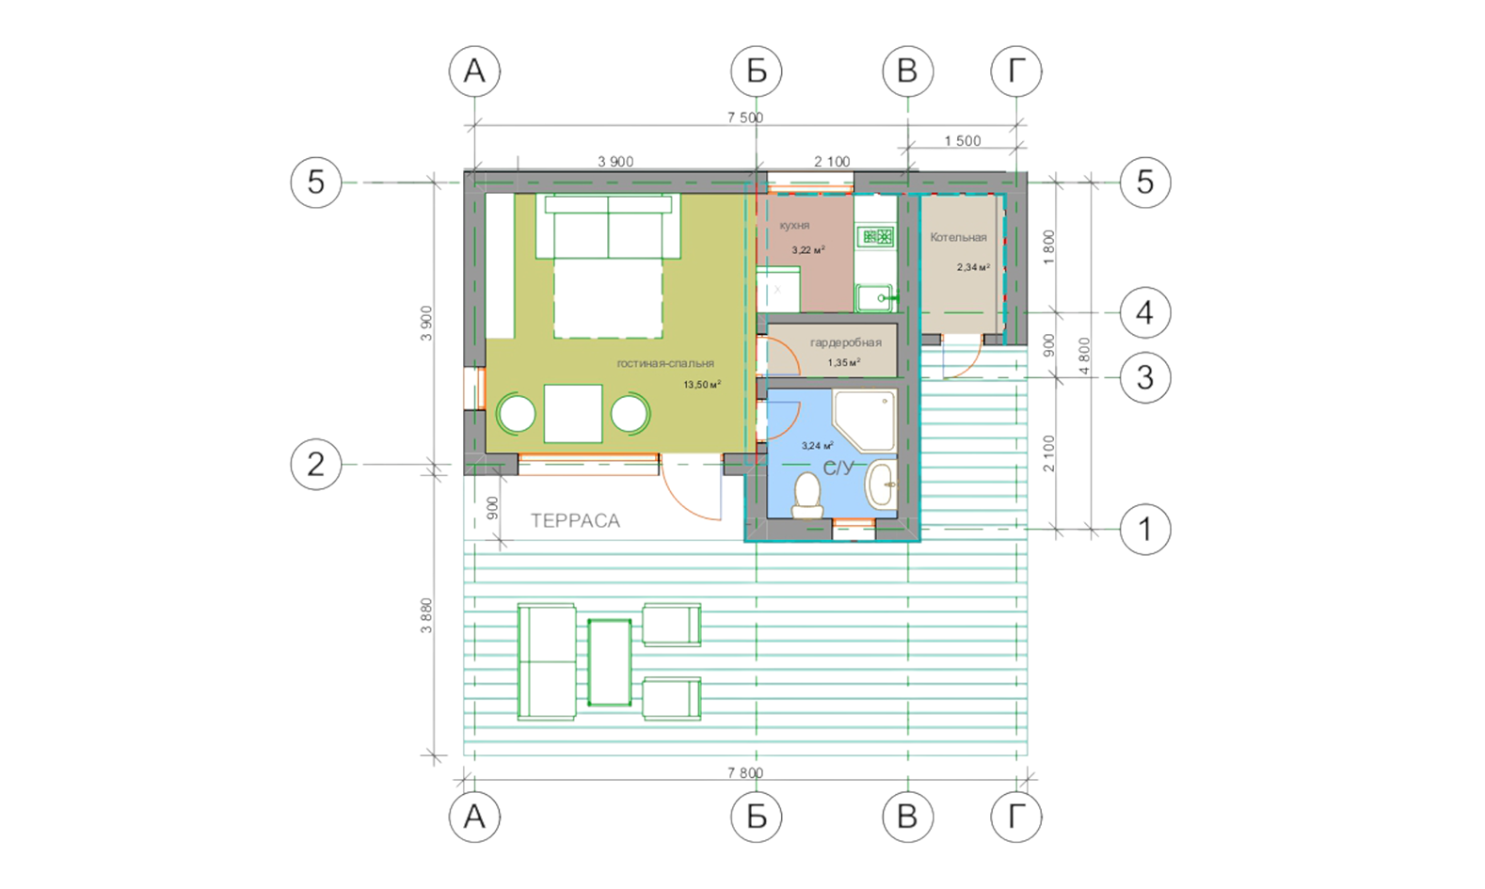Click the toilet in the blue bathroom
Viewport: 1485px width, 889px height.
click(807, 496)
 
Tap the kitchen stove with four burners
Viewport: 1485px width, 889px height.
click(876, 236)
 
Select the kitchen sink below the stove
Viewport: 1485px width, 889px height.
click(876, 297)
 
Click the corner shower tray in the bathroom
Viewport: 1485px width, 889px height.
click(865, 421)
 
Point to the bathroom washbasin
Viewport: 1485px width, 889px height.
click(882, 484)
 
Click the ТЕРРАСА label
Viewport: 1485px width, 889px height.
click(575, 521)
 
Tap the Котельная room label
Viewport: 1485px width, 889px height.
click(958, 237)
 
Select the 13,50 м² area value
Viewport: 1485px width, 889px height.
click(702, 385)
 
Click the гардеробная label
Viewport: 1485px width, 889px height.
click(846, 342)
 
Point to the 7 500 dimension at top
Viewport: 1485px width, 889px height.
click(745, 118)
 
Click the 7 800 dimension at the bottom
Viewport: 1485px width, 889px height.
click(745, 773)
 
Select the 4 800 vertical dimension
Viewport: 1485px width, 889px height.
click(1085, 356)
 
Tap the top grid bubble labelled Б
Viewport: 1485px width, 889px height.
click(757, 71)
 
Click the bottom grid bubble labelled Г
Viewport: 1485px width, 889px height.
click(1016, 817)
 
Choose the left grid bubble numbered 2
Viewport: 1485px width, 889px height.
click(316, 464)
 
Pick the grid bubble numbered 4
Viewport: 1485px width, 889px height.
click(1145, 312)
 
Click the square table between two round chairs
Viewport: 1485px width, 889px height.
click(573, 413)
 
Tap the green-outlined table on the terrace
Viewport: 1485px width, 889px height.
click(609, 661)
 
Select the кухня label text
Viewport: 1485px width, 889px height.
click(794, 226)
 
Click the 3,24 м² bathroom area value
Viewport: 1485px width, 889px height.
click(818, 446)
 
